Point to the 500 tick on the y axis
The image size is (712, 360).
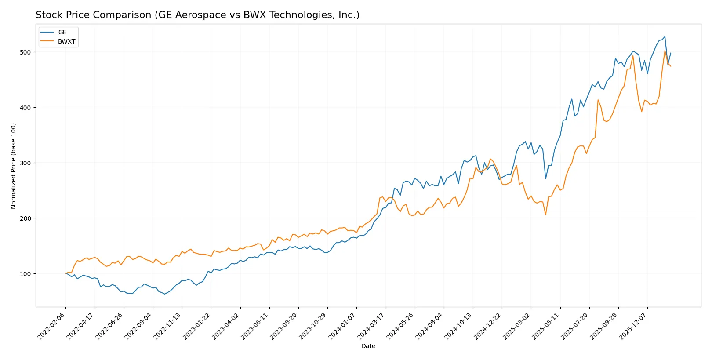(25, 52)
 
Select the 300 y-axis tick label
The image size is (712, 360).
(25, 163)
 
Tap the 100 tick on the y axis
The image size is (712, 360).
(25, 274)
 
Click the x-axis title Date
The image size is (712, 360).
(368, 346)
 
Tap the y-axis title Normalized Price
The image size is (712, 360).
(14, 166)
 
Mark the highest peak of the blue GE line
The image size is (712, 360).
(665, 37)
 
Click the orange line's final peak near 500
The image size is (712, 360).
(665, 51)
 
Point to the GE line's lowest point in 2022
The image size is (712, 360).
(164, 294)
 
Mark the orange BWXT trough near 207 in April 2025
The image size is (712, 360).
(545, 215)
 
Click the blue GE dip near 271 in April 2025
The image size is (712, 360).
(545, 178)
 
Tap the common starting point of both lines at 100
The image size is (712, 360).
(66, 273)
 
